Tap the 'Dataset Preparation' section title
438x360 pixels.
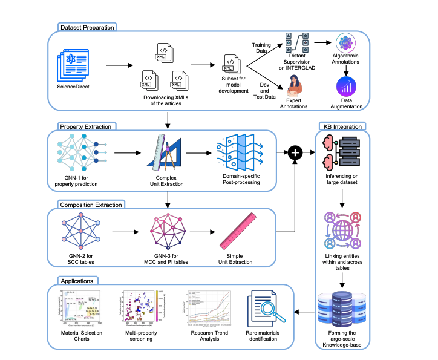click(87, 27)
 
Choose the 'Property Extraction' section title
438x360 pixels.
click(86, 126)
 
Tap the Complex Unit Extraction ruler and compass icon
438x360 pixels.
click(165, 154)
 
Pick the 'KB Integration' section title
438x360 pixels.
click(342, 126)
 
